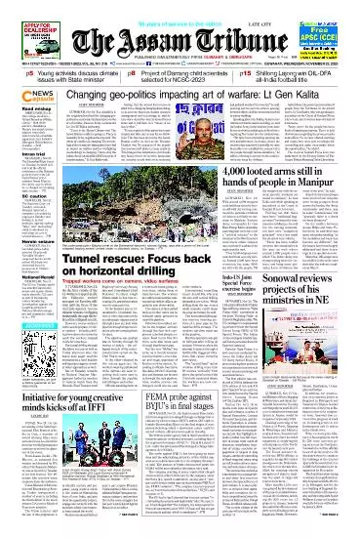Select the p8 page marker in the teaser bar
(x=137, y=100)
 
